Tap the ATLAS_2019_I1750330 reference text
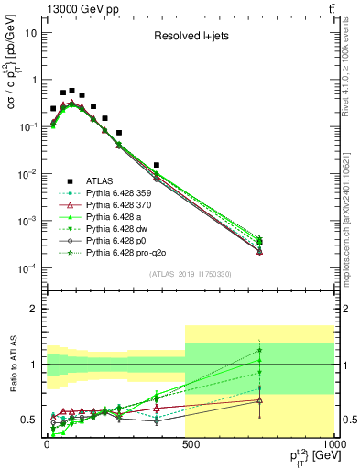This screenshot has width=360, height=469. click(x=183, y=274)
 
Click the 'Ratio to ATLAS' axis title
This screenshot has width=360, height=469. click(x=12, y=364)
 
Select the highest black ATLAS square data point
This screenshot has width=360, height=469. click(x=72, y=91)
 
